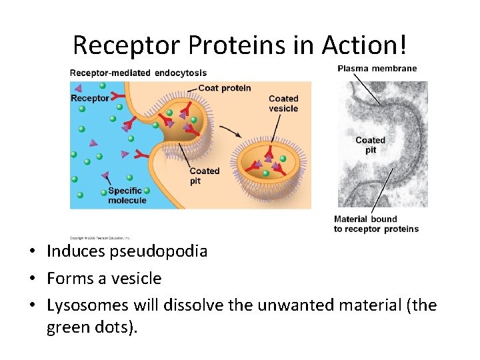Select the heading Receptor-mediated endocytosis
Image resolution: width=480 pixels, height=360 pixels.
click(138, 73)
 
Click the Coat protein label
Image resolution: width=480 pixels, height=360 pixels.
click(225, 88)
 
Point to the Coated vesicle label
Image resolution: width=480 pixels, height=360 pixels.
click(283, 103)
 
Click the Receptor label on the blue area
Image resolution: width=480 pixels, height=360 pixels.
click(89, 98)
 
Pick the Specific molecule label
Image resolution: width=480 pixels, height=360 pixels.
click(127, 195)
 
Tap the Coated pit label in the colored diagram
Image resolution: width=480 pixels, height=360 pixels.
click(204, 176)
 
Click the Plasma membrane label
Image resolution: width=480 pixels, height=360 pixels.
click(377, 69)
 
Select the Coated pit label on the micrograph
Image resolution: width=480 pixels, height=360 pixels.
click(370, 145)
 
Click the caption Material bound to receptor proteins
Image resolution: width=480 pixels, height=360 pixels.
click(376, 224)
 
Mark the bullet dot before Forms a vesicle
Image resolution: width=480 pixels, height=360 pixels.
click(31, 279)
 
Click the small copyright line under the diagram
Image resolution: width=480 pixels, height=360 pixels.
click(100, 237)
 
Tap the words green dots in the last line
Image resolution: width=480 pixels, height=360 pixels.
click(91, 327)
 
